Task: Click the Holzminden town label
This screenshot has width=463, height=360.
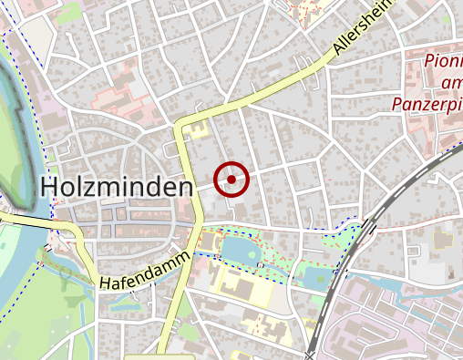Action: coord(118,188)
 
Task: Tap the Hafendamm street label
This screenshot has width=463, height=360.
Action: coord(146,273)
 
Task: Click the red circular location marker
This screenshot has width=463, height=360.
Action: coord(231,180)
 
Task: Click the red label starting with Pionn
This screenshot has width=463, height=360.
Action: coord(444,63)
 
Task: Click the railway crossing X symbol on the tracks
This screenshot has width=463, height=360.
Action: coord(311,355)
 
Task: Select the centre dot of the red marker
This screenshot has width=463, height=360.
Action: coord(231,180)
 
